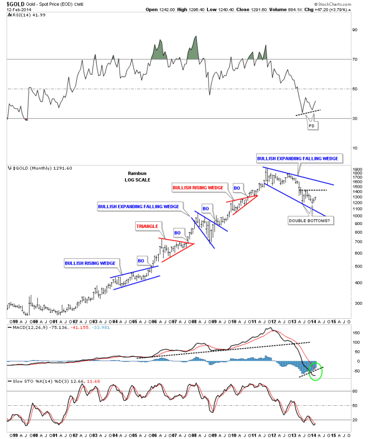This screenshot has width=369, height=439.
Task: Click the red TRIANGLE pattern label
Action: tap(147, 226)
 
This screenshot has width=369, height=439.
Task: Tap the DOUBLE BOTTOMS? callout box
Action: tap(309, 220)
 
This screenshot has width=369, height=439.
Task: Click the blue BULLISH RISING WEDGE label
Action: tap(90, 263)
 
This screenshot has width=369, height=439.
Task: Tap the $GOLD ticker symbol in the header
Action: tap(15, 3)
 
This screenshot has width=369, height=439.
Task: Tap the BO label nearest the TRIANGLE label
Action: tap(178, 232)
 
